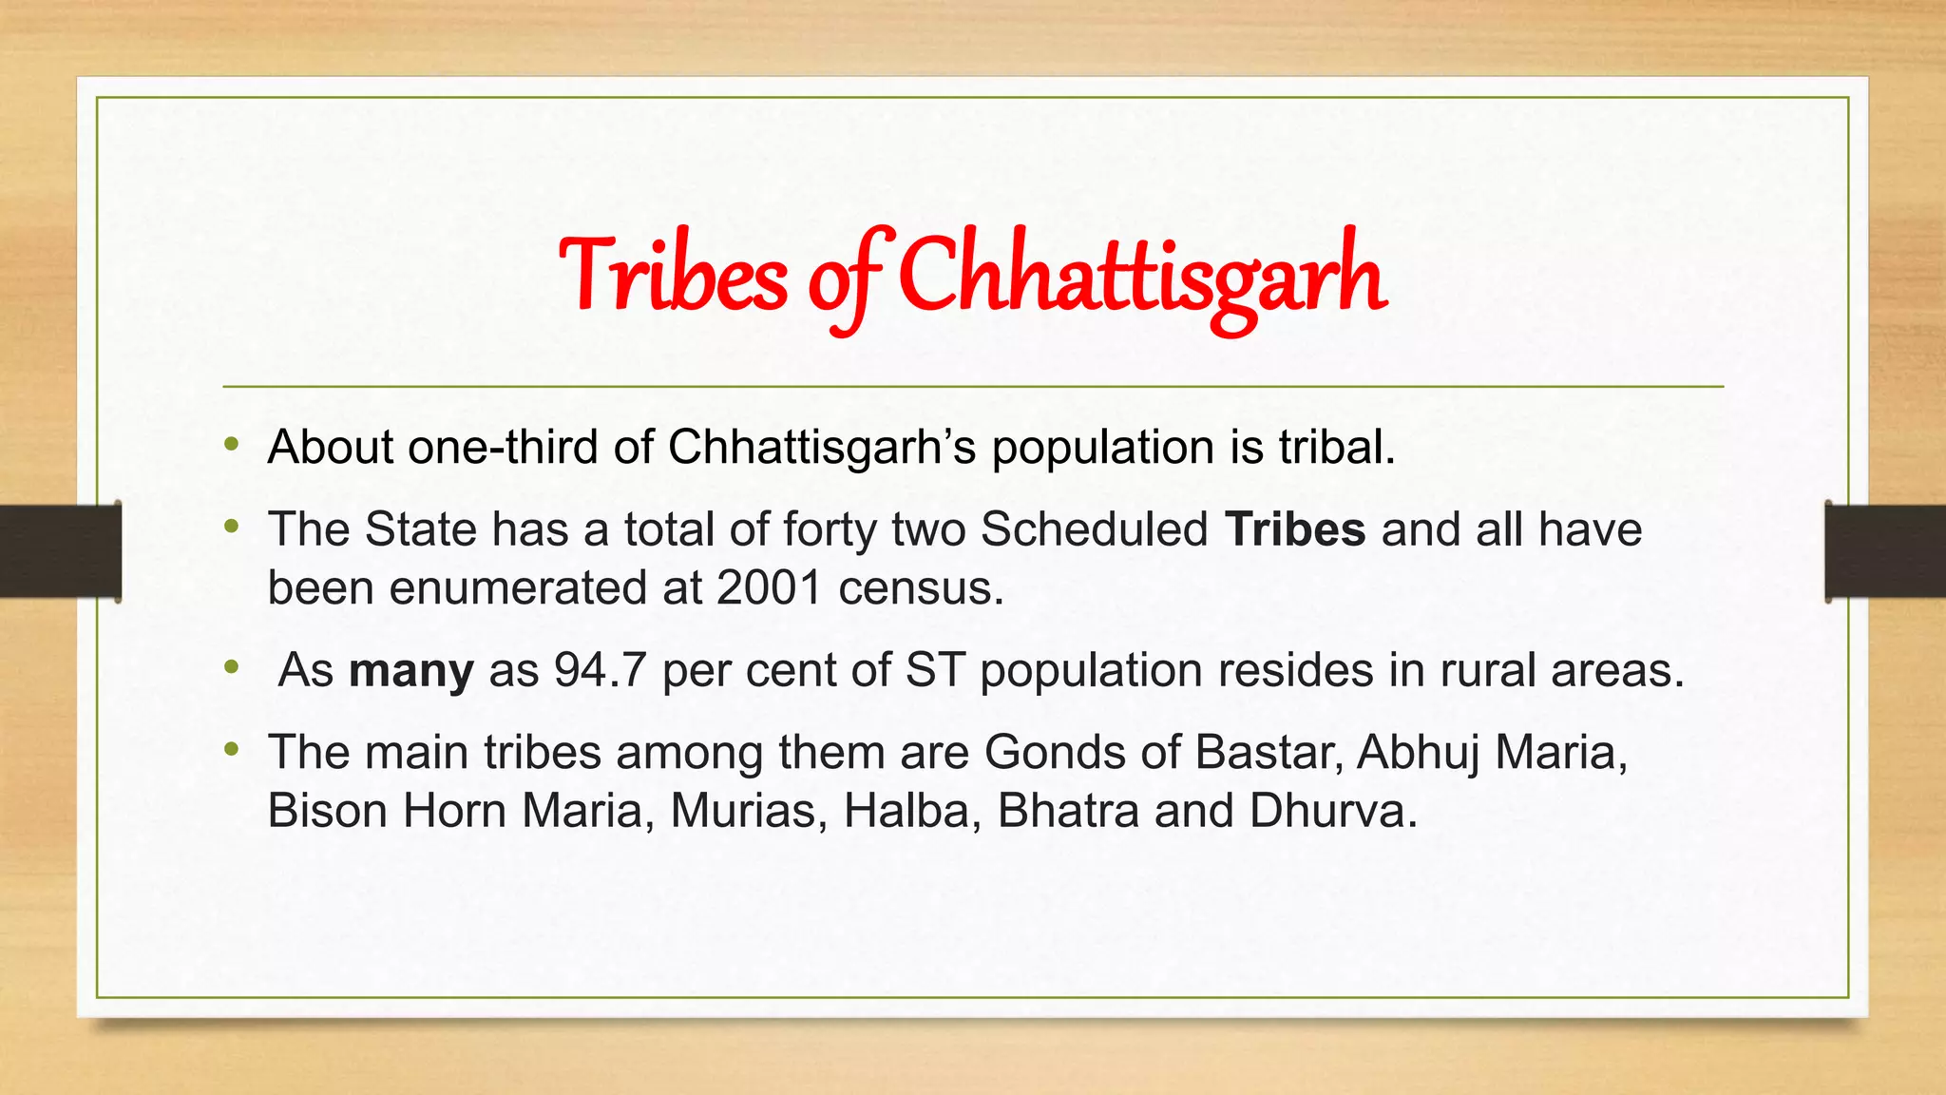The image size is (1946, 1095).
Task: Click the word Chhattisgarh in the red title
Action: (1140, 276)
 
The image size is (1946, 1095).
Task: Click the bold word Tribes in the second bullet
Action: (1295, 529)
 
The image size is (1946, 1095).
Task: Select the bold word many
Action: (410, 671)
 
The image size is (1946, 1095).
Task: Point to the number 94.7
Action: (601, 670)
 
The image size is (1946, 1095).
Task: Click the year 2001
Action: (769, 588)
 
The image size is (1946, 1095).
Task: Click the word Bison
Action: (327, 811)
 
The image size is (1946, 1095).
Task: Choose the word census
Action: (921, 589)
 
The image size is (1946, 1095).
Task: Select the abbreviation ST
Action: (935, 670)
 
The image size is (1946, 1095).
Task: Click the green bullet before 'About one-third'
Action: (232, 444)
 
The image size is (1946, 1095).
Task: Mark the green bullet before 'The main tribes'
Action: (232, 750)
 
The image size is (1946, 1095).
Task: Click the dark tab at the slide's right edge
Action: (1885, 551)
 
